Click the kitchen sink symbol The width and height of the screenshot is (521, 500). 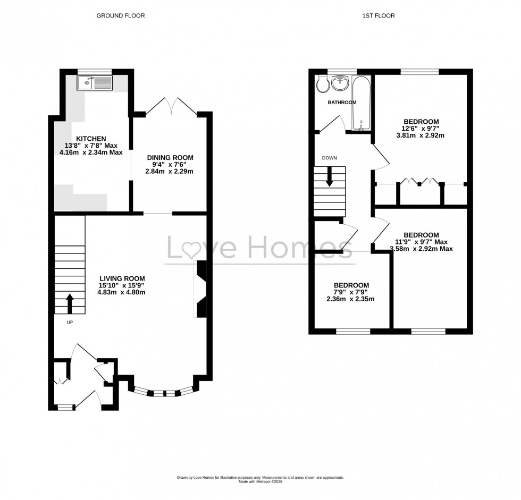click(x=94, y=83)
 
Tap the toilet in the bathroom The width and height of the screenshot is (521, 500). click(x=322, y=84)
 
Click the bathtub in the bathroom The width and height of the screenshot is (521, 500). click(x=362, y=104)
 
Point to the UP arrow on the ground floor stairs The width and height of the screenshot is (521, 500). click(x=69, y=304)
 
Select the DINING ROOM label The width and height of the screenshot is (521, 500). click(x=170, y=158)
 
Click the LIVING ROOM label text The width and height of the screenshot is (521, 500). click(x=122, y=278)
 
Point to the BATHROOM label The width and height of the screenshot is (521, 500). click(x=342, y=103)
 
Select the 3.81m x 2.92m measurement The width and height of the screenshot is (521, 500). click(x=420, y=135)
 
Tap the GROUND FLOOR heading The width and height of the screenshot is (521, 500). click(x=120, y=16)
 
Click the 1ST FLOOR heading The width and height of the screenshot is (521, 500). click(x=379, y=16)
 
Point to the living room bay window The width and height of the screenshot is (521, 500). click(x=161, y=393)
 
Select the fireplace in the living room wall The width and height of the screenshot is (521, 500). click(x=201, y=290)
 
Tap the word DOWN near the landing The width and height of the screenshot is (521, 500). click(x=329, y=158)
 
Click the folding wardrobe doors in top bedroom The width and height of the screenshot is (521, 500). click(x=419, y=182)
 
